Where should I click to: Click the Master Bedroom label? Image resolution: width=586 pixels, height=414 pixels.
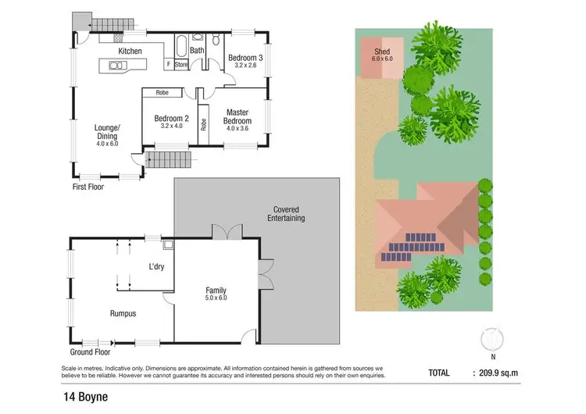[237, 116]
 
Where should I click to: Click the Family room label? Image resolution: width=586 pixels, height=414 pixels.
[215, 294]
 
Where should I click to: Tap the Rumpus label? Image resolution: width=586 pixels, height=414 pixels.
[123, 313]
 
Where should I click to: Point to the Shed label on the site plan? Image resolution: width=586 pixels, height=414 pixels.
[381, 54]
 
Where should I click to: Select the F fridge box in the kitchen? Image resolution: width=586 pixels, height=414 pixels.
[168, 65]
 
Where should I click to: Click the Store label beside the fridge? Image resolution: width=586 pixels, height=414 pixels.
[181, 65]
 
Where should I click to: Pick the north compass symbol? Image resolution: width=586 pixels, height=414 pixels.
[490, 339]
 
